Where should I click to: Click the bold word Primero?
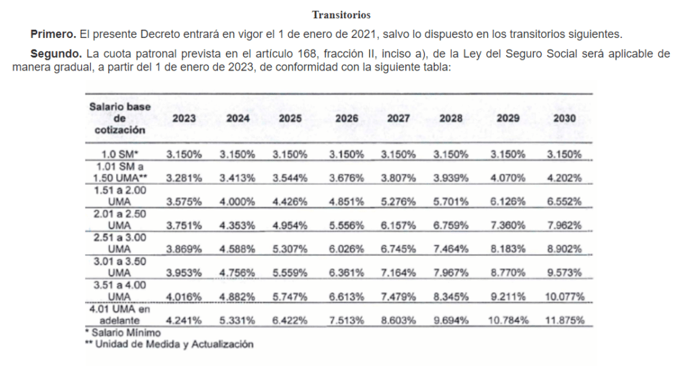(54, 33)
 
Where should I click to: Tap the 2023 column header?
(184, 118)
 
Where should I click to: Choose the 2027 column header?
(398, 118)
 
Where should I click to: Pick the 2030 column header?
(563, 118)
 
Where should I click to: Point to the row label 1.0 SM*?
(120, 153)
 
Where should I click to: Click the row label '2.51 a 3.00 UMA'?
(120, 242)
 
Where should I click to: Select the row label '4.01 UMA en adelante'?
(120, 315)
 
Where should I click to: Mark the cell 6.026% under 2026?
(346, 249)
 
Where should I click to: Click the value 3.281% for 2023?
(184, 178)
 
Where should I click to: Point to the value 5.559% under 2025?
(290, 272)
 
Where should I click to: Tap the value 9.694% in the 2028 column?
(451, 321)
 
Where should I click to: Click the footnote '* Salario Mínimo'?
(123, 333)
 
